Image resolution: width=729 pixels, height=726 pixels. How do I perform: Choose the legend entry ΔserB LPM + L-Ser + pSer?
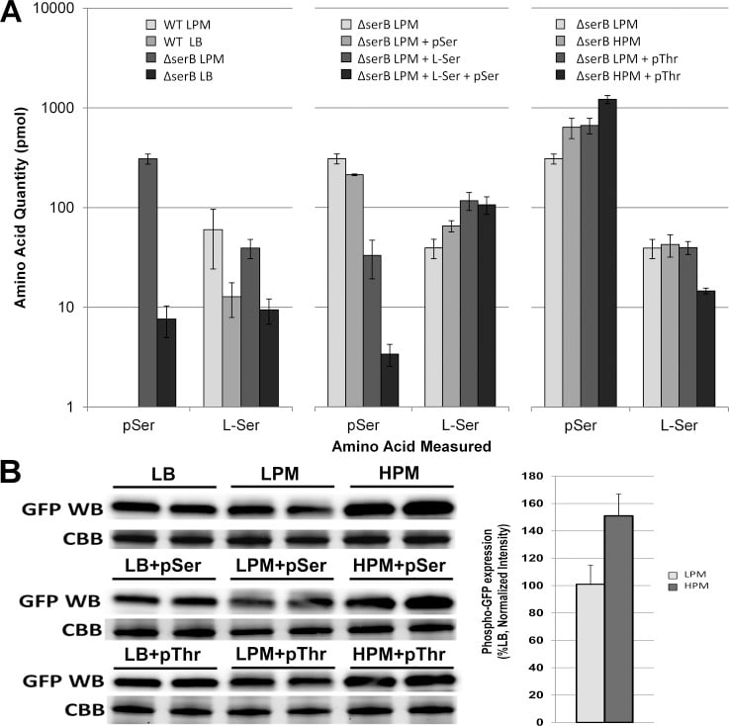pos(427,76)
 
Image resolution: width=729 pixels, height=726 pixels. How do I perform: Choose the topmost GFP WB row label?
pos(56,510)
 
